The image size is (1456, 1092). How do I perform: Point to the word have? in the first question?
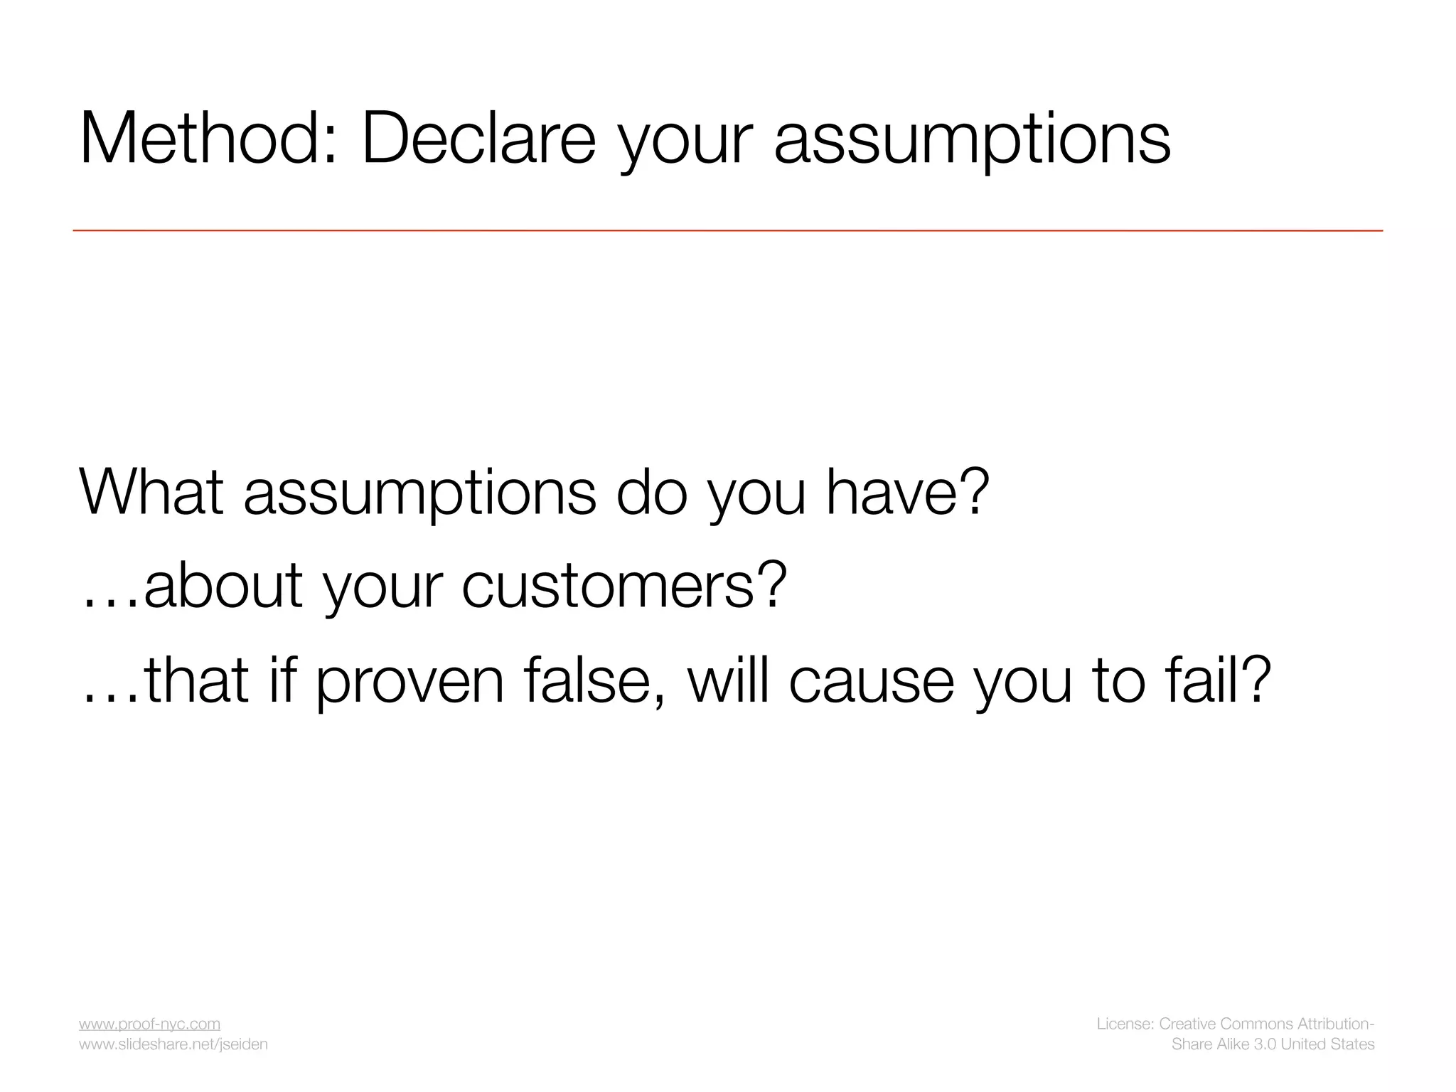click(x=907, y=491)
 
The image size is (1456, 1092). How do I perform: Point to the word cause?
click(x=871, y=681)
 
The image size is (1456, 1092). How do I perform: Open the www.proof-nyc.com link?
click(x=149, y=1024)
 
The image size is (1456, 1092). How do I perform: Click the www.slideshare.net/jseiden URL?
click(x=173, y=1044)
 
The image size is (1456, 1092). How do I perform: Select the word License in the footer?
click(x=1125, y=1024)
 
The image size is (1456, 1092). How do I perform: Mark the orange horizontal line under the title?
click(x=728, y=230)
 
